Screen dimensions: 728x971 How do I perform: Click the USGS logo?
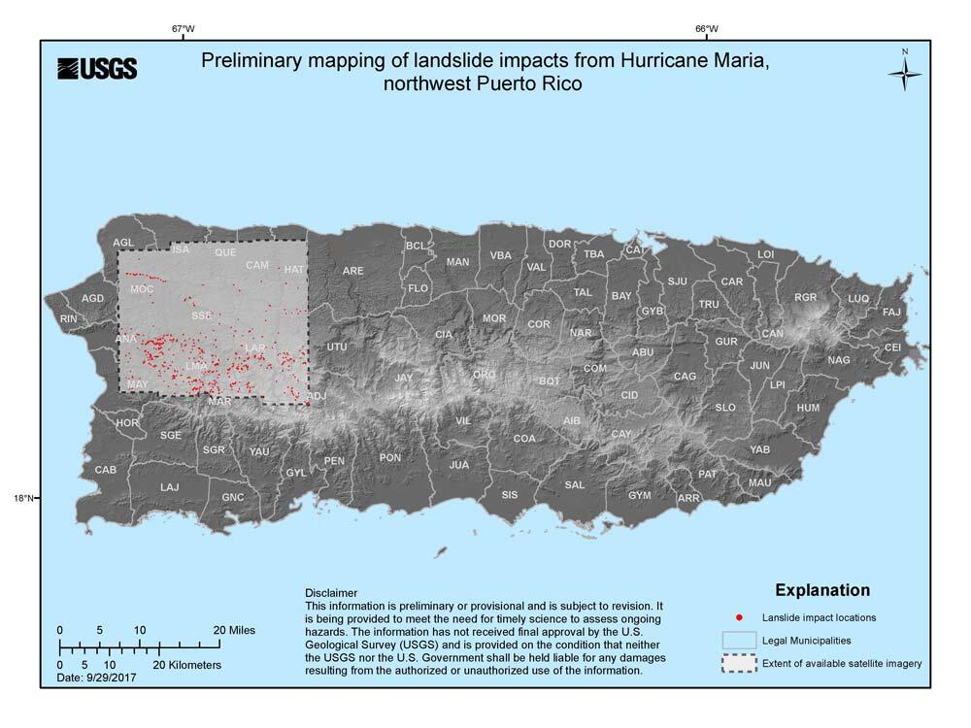[97, 68]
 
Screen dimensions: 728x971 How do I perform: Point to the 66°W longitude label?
[707, 29]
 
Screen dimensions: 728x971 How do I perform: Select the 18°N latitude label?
[24, 499]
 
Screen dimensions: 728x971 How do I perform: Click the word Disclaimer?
[331, 592]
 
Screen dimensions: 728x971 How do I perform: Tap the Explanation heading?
[821, 590]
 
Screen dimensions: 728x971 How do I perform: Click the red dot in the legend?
[739, 617]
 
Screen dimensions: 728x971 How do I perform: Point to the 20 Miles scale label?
[234, 630]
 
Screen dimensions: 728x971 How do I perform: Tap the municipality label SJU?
[677, 281]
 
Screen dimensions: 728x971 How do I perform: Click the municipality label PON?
[390, 458]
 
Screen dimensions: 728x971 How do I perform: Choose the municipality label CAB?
[106, 470]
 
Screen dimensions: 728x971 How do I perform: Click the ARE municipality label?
[352, 271]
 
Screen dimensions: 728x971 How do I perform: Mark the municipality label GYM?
[639, 496]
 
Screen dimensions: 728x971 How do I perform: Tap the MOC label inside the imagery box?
[142, 289]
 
